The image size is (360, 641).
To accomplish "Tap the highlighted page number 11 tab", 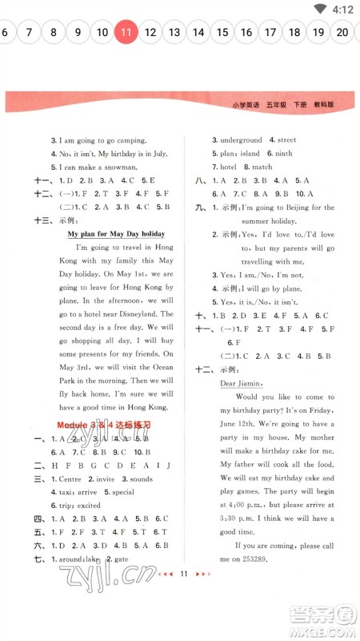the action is click(x=126, y=33).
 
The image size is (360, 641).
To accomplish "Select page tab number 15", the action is click(x=222, y=33).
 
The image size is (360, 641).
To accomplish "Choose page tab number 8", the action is click(x=54, y=33).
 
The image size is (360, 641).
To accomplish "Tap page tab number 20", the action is click(x=342, y=33).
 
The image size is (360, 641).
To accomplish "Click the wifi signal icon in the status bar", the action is click(x=321, y=10).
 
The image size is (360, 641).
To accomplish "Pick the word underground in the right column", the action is click(x=240, y=139).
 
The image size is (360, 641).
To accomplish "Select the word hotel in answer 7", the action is click(x=229, y=167).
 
